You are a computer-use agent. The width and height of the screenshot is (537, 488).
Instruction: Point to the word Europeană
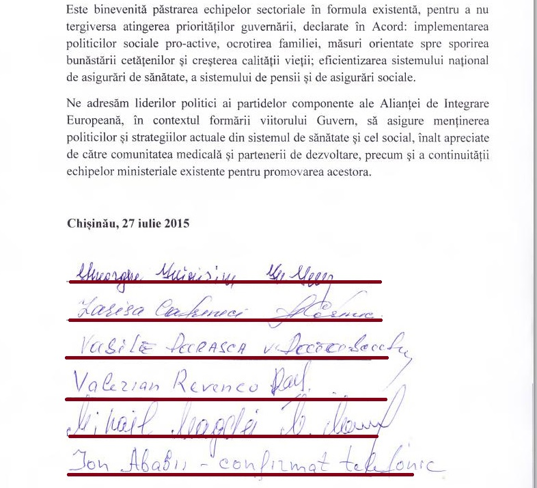pyautogui.click(x=94, y=120)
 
